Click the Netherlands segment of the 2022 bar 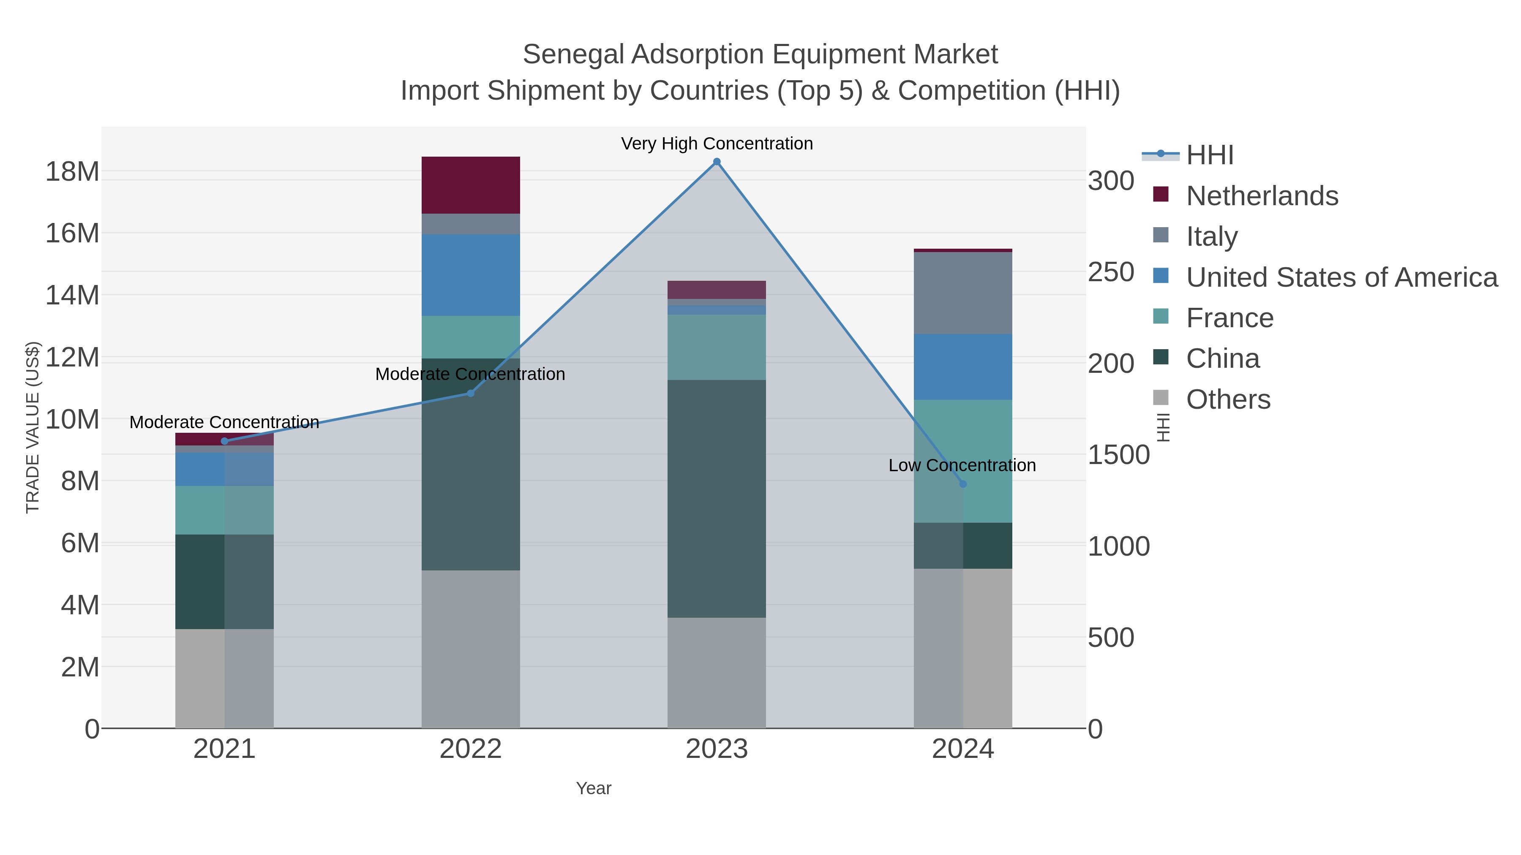pos(471,185)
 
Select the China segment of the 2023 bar pos(716,499)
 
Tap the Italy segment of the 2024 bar pos(962,293)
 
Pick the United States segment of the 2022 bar pos(471,274)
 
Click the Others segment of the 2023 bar pos(716,673)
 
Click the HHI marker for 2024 pos(962,484)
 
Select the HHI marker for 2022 pos(471,393)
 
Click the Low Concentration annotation pos(962,466)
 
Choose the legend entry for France pos(1229,318)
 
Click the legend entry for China pos(1222,359)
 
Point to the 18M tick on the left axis pos(72,172)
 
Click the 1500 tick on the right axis pos(1118,454)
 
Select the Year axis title pos(594,788)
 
